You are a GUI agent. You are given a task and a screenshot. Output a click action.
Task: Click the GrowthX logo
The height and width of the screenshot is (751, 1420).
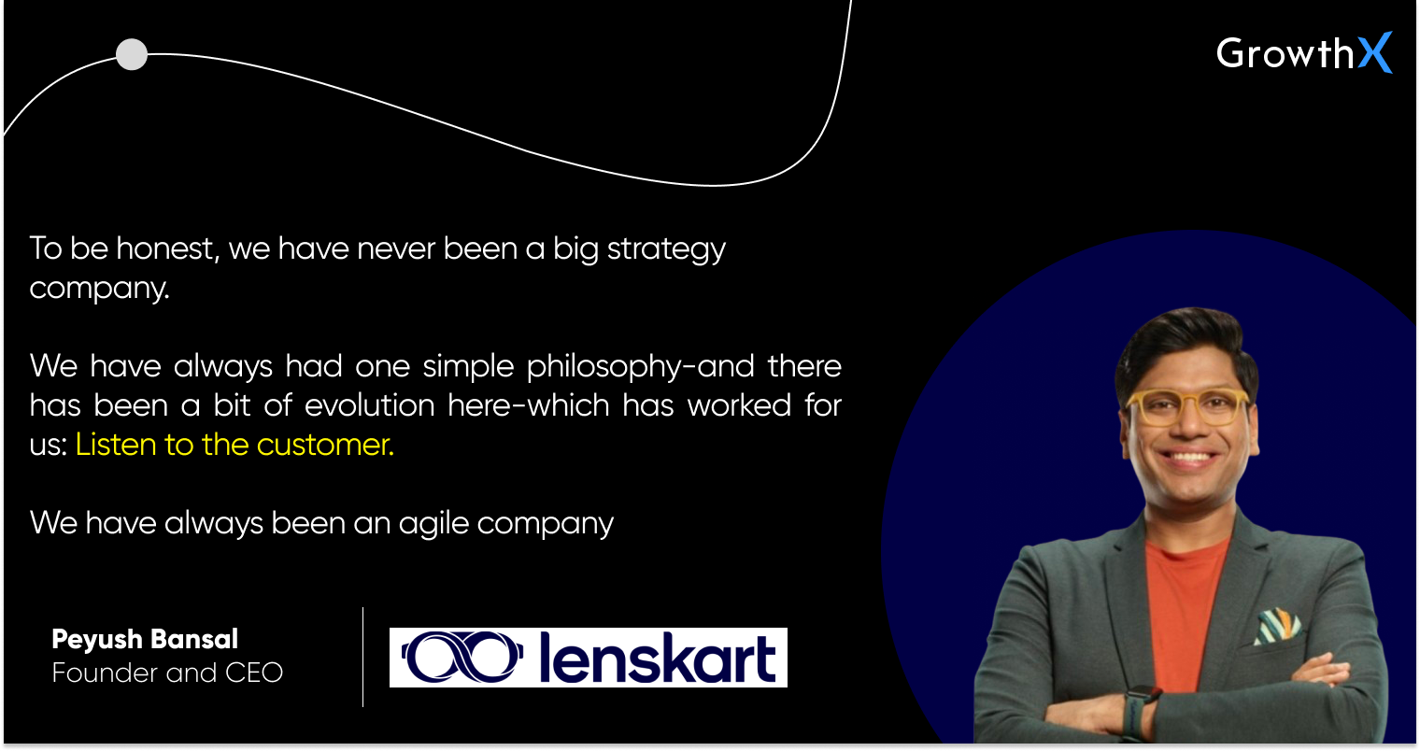[x=1303, y=53]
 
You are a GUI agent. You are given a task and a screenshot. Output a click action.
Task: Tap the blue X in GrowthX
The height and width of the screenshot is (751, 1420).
[x=1374, y=53]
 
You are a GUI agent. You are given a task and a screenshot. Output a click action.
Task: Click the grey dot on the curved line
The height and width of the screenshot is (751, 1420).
[x=132, y=54]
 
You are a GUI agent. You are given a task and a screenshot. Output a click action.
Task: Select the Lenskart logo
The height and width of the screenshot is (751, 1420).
[x=588, y=658]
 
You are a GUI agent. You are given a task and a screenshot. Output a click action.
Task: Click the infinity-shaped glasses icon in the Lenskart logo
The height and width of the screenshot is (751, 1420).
[x=459, y=658]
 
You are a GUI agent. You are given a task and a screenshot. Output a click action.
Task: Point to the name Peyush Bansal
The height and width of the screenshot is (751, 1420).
[x=145, y=640]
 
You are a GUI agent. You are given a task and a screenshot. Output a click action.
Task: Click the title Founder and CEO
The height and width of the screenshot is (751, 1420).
[x=167, y=673]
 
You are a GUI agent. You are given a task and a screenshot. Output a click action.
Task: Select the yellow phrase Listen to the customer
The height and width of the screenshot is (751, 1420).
[x=234, y=445]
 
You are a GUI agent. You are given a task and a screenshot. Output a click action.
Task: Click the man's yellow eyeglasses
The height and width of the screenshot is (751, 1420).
[x=1187, y=405]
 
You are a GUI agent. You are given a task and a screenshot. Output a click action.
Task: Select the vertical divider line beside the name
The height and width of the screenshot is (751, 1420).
[x=363, y=657]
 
